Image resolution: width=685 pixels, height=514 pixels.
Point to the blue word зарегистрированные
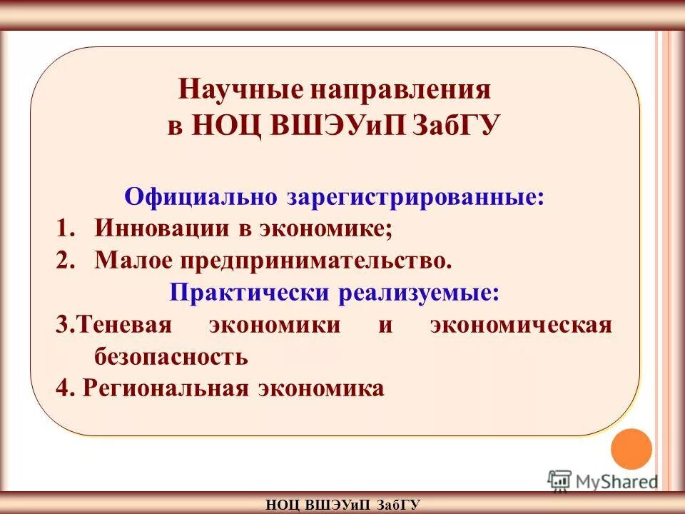(415, 196)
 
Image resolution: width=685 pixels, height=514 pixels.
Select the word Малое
(129, 261)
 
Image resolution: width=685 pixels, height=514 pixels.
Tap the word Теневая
(124, 325)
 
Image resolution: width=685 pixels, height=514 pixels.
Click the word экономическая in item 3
(521, 325)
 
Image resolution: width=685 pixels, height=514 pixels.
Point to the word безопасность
(171, 356)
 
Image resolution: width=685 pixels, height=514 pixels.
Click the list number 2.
(64, 261)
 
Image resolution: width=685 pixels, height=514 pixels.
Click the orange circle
(631, 448)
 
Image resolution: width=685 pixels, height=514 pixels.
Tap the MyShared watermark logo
(603, 480)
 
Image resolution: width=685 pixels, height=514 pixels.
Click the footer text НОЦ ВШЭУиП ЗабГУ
(342, 505)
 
